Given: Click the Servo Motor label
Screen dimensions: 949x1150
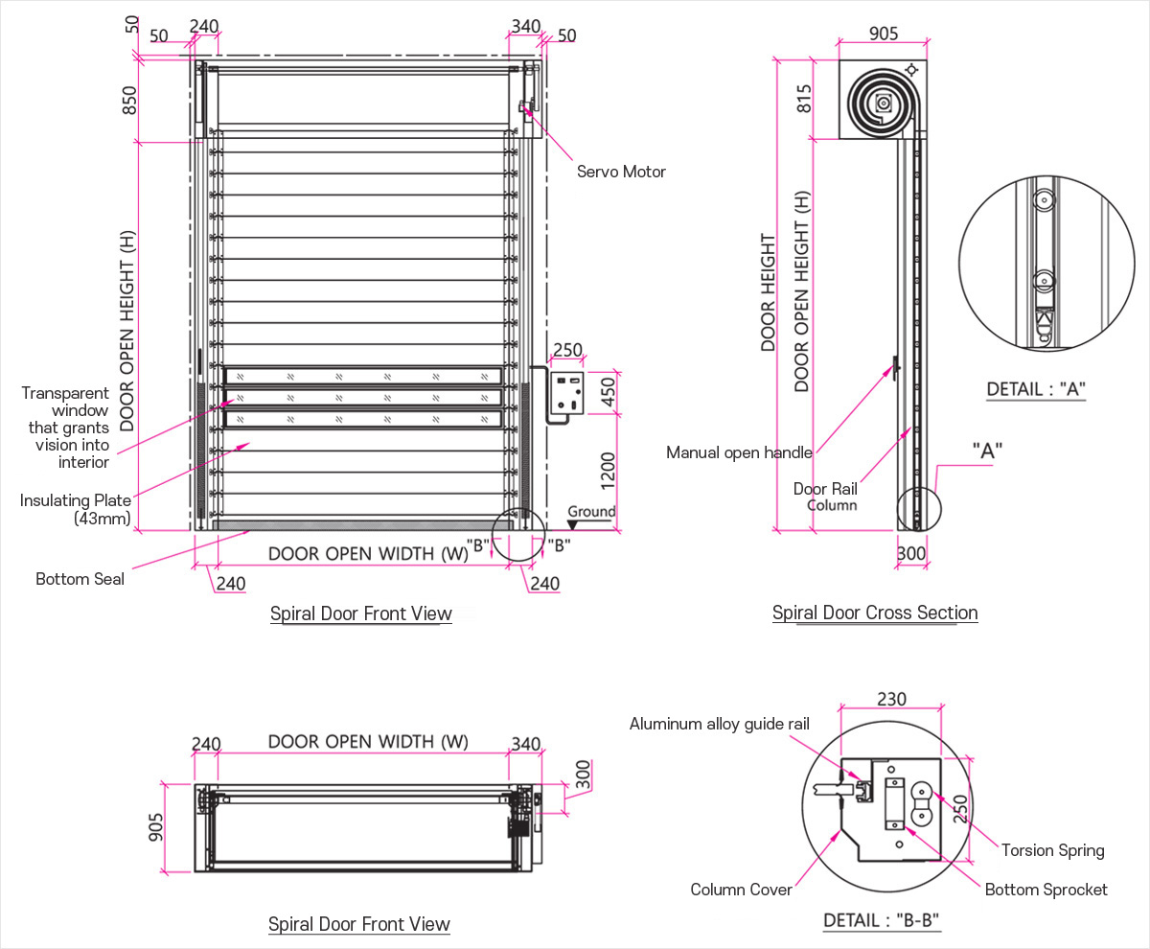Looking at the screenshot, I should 620,172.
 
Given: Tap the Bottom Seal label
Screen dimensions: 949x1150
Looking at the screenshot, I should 80,579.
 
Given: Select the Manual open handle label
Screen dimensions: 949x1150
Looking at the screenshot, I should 739,452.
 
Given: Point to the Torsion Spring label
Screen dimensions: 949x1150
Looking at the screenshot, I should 1052,850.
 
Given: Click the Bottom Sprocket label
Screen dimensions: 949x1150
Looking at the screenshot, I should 1046,890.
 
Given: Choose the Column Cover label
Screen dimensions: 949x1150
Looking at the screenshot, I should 741,890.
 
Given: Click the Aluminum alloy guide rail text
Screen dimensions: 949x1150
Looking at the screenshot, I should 719,724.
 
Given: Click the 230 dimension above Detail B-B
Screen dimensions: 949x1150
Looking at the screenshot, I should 890,700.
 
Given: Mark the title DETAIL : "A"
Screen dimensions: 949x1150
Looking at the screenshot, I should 1036,389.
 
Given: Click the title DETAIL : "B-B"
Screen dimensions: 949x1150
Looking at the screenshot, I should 881,921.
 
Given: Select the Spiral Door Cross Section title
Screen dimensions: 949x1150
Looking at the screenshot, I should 875,613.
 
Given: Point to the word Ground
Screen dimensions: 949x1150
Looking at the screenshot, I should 591,512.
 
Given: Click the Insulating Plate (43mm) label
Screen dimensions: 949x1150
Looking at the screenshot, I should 76,509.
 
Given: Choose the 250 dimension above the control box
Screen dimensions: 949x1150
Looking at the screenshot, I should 567,350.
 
